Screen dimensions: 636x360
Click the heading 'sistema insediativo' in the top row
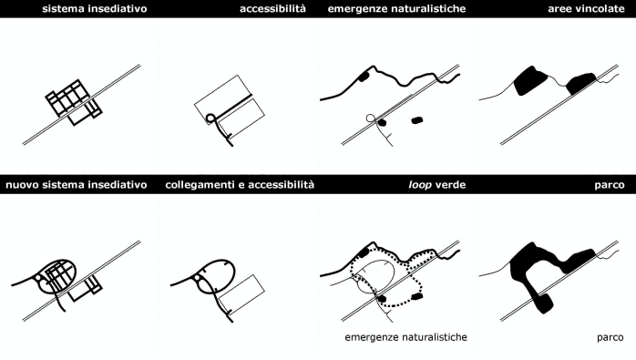(95, 8)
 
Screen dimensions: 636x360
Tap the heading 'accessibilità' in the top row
(272, 8)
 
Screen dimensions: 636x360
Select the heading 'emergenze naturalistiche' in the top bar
(396, 8)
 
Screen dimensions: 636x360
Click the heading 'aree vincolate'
(586, 8)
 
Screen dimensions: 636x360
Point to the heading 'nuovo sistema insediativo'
(77, 185)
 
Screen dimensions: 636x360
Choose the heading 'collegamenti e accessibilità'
(240, 185)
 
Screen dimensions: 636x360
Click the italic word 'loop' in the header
(420, 185)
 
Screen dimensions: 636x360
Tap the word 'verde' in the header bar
(450, 185)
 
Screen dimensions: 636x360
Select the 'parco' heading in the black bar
(610, 186)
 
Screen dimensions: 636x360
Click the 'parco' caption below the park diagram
(610, 338)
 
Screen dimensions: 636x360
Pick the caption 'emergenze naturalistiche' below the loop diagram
(406, 337)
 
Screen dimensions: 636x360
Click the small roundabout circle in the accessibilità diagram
(210, 118)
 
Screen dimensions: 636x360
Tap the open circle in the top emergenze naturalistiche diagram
(370, 118)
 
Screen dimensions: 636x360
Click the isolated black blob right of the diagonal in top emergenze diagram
(417, 120)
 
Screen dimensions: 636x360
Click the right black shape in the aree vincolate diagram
(580, 84)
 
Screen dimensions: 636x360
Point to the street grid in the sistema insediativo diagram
(74, 102)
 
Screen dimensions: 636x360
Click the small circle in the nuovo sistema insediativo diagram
(38, 278)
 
